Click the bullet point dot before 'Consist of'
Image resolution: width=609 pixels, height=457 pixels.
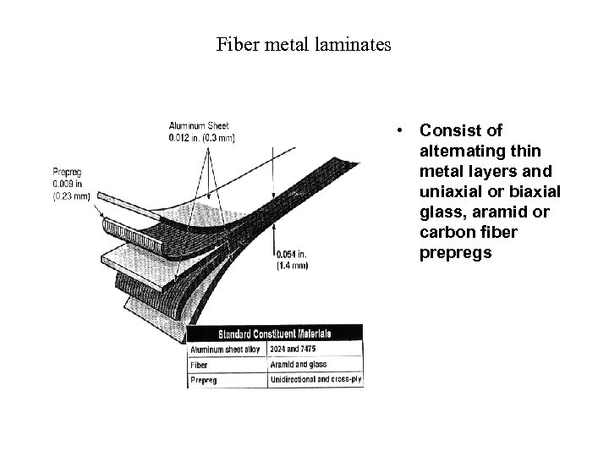coord(397,132)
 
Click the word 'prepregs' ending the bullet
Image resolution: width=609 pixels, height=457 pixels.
coord(455,253)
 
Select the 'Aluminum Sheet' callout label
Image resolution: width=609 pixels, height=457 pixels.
coord(198,126)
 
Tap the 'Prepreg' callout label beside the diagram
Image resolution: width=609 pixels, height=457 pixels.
coord(67,173)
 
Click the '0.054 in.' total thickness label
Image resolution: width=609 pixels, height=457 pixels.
coord(291,255)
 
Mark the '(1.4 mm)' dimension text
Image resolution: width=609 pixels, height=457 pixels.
coord(293,266)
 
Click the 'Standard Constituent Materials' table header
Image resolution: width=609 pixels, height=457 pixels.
coord(276,333)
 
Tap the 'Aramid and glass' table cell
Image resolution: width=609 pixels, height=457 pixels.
coord(299,364)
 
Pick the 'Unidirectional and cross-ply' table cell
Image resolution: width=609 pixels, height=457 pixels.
coord(315,379)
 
